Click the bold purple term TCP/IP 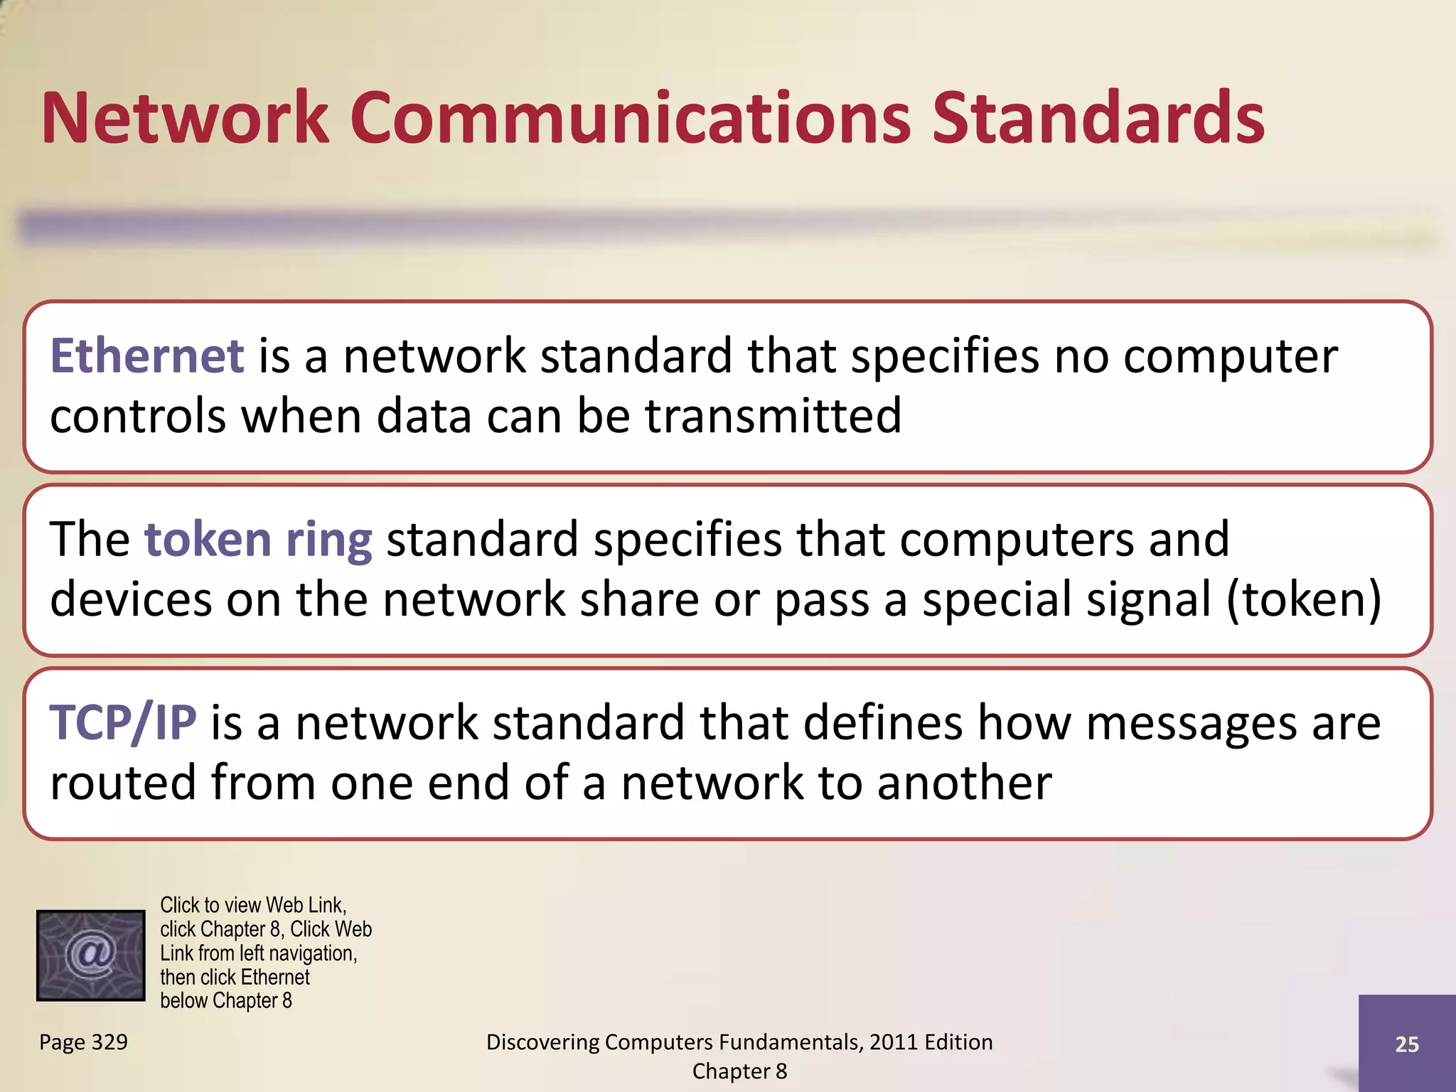pos(122,723)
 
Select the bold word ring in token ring pos(328,540)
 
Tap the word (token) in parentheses pos(1304,599)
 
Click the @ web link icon pos(90,955)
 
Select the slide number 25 pos(1406,1044)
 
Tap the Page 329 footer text pos(83,1042)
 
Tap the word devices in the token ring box pos(131,599)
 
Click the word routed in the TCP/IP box pos(123,783)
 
